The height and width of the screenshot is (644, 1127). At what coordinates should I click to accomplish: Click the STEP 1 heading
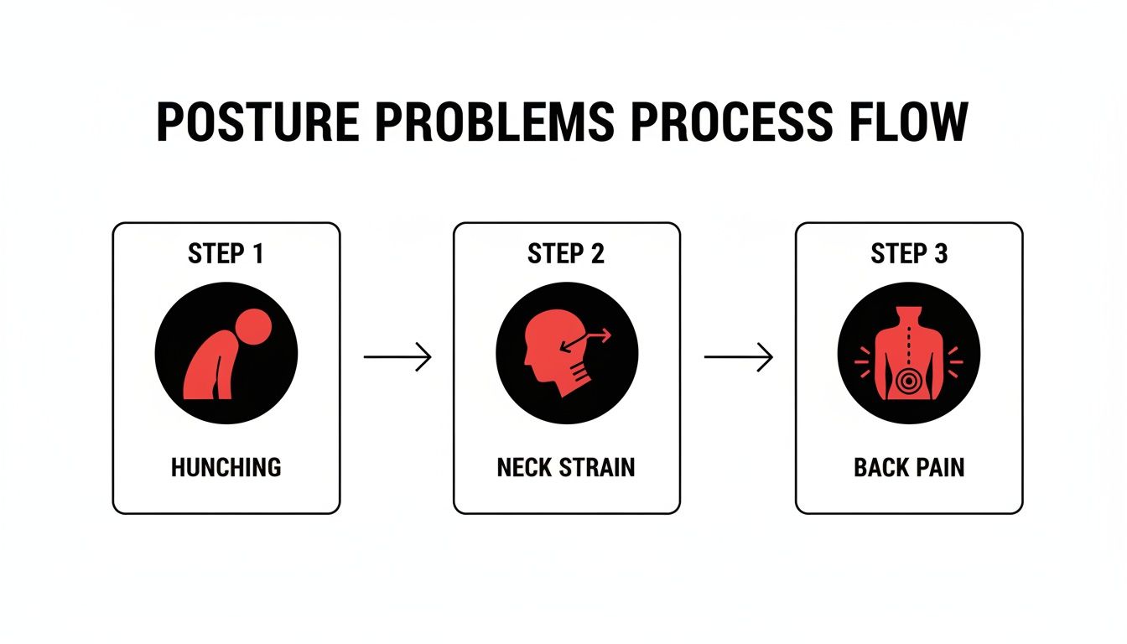pyautogui.click(x=226, y=253)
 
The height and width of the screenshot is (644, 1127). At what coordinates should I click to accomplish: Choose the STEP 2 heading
pyautogui.click(x=566, y=253)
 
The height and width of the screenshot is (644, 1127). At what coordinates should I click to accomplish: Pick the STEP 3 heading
pyautogui.click(x=909, y=253)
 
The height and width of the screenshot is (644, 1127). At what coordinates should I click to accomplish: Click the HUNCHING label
pyautogui.click(x=226, y=467)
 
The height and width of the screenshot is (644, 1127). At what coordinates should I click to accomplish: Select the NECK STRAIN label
pyautogui.click(x=566, y=467)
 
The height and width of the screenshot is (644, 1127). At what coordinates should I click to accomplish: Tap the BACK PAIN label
pyautogui.click(x=909, y=467)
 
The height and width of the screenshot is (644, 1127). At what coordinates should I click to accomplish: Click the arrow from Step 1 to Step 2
pyautogui.click(x=397, y=358)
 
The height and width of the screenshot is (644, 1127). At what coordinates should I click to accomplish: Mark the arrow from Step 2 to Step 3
pyautogui.click(x=738, y=358)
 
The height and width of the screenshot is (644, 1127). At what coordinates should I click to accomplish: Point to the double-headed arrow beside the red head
pyautogui.click(x=590, y=338)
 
